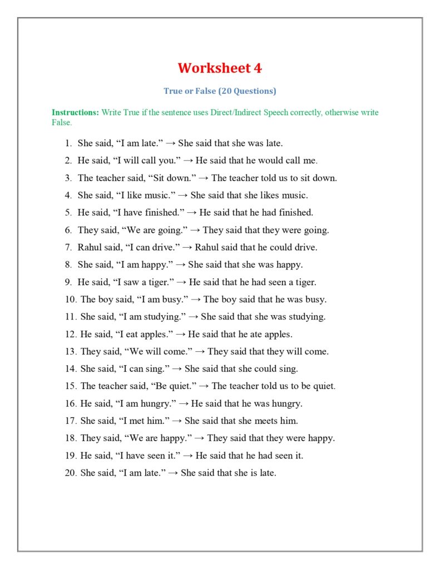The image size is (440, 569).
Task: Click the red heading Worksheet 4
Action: pyautogui.click(x=220, y=68)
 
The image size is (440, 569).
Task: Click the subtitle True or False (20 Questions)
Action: pyautogui.click(x=220, y=91)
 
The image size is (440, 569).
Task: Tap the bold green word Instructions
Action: pyautogui.click(x=75, y=112)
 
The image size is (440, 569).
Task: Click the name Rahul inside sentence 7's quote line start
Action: pyautogui.click(x=90, y=247)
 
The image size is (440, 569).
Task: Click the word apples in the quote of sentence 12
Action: pyautogui.click(x=157, y=334)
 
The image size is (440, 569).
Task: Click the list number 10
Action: pyautogui.click(x=71, y=300)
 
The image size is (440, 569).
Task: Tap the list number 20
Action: pyautogui.click(x=71, y=473)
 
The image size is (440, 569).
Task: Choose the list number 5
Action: pyautogui.click(x=68, y=212)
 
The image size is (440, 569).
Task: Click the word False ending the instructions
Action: pyautogui.click(x=62, y=122)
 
